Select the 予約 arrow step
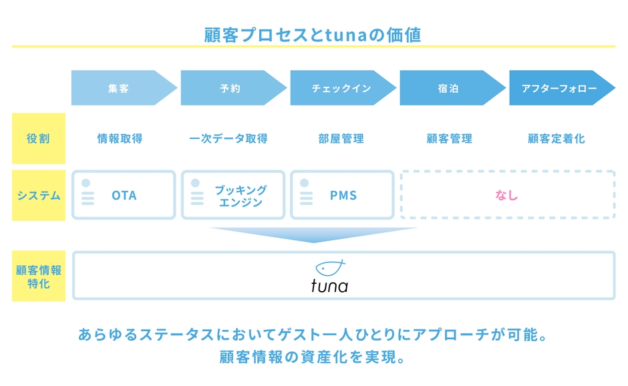229,88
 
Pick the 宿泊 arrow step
448,88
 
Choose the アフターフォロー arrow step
559,88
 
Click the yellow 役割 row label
38,139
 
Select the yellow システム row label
38,196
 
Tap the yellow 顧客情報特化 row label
38,276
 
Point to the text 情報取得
120,139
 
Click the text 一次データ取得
228,139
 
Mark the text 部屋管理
341,139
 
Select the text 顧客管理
449,139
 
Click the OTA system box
124,195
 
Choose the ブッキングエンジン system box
233,195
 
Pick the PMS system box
343,195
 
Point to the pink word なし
506,195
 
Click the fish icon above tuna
330,267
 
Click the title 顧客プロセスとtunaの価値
313,35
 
